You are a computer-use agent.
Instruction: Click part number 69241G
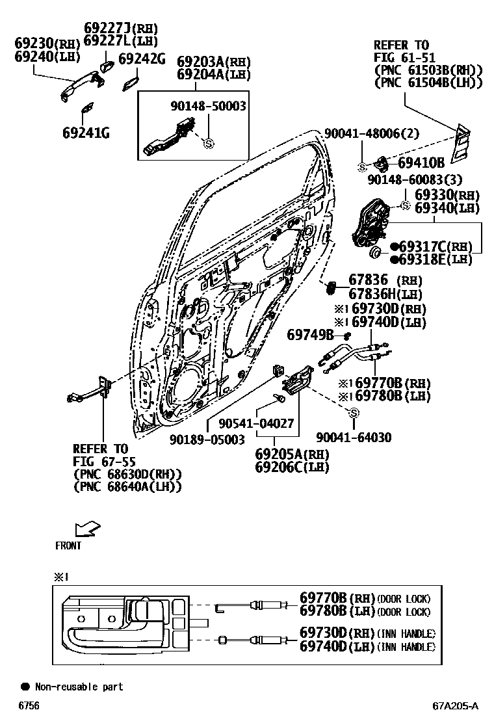pos(85,133)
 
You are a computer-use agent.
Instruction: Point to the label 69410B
pos(421,163)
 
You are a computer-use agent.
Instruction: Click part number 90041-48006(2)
pos(372,133)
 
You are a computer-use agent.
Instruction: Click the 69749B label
pos(310,335)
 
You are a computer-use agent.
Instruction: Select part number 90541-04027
pos(256,424)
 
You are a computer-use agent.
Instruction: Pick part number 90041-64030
pos(354,438)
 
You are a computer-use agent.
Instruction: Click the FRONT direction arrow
pos(87,528)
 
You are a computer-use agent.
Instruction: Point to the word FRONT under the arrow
pos(68,546)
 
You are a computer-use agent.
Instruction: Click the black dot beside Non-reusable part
pos(25,687)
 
